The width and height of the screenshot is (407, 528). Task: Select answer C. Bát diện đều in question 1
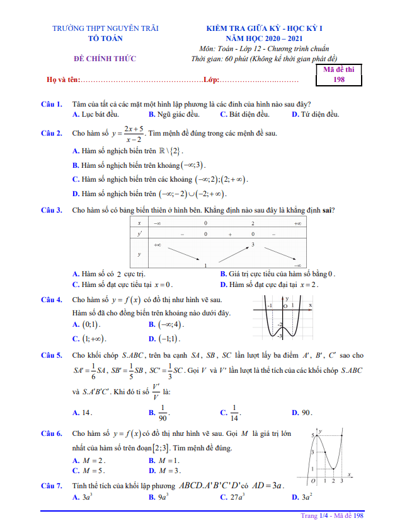coord(244,114)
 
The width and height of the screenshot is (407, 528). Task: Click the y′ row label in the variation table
coord(139,234)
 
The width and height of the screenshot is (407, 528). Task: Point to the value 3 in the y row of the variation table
coord(253,244)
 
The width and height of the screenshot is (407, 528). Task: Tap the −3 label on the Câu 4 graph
coord(280,337)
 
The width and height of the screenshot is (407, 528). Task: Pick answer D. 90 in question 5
coord(302,413)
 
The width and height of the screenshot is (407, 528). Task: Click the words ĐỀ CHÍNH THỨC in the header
coord(105,59)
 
